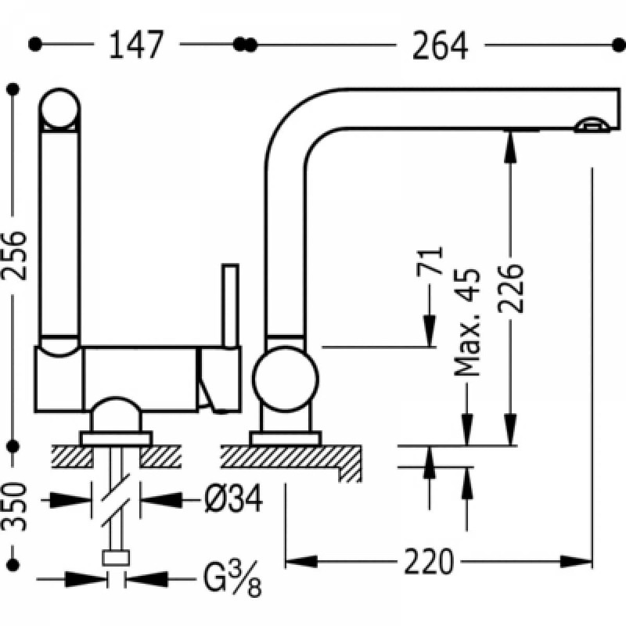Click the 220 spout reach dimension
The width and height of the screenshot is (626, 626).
tap(430, 561)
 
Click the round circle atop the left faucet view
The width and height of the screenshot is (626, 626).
tap(60, 109)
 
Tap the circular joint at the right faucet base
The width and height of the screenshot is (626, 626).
tap(286, 382)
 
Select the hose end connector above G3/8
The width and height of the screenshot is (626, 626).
tap(116, 557)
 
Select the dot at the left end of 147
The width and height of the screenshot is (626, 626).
tap(34, 45)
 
